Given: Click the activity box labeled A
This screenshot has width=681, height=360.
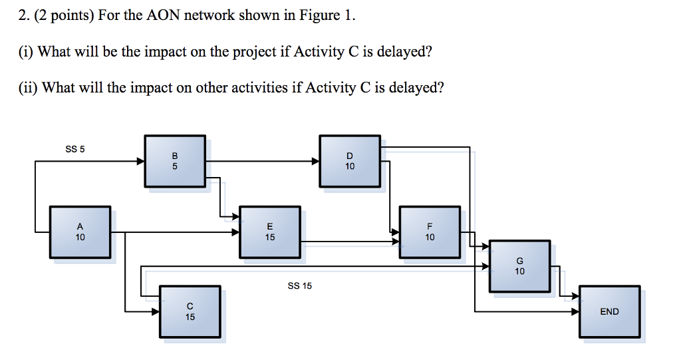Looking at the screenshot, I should [x=80, y=232].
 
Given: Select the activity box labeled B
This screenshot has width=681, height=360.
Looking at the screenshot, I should [x=175, y=161].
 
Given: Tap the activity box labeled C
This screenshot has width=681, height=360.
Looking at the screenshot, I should [x=190, y=311].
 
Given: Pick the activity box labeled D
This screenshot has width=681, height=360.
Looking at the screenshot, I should [x=350, y=161].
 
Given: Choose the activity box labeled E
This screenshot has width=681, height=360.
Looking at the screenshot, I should [x=269, y=232].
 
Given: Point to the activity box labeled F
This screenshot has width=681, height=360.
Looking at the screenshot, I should [x=430, y=232].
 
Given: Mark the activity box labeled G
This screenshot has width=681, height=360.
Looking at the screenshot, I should [x=519, y=266].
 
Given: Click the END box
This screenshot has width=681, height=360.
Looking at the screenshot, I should [x=609, y=311].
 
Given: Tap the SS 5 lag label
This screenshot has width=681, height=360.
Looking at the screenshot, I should [x=75, y=149].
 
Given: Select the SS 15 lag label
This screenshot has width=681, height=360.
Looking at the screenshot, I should [x=299, y=286].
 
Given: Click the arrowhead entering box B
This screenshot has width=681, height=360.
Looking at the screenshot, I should [x=140, y=161].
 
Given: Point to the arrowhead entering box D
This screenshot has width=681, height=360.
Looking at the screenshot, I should [x=315, y=161].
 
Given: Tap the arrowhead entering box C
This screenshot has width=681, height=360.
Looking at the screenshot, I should [x=155, y=311].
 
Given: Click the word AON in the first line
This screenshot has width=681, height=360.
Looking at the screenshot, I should [x=163, y=16].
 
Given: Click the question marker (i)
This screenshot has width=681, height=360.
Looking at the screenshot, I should [x=26, y=52].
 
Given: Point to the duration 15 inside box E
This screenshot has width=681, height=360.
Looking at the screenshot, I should [x=269, y=237].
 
